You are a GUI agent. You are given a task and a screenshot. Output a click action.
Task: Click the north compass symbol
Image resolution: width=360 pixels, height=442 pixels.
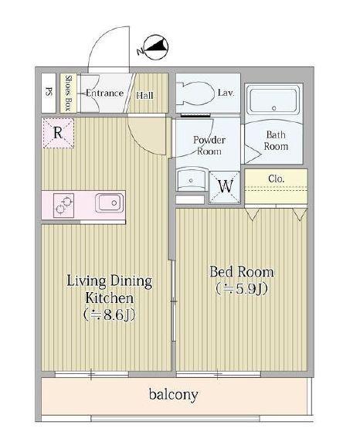[x=155, y=47]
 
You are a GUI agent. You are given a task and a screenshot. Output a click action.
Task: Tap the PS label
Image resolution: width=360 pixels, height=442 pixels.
[x=49, y=92]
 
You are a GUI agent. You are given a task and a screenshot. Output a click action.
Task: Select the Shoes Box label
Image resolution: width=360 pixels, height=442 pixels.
[x=68, y=93]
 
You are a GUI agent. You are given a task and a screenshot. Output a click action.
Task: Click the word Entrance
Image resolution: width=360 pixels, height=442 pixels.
[x=104, y=93]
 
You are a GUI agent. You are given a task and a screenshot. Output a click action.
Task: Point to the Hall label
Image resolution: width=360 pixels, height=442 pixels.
[x=145, y=95]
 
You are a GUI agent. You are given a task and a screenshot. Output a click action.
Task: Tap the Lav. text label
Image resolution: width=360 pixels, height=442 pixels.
[x=226, y=93]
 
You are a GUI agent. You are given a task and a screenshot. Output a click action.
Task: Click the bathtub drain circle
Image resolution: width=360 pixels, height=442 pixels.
[x=273, y=108]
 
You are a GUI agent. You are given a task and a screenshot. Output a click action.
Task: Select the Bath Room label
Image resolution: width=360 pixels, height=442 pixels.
[x=276, y=141]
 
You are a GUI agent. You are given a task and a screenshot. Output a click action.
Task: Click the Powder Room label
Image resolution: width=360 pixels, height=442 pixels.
[x=209, y=145]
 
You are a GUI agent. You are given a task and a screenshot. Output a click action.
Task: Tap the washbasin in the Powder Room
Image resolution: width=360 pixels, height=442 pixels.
[x=192, y=179]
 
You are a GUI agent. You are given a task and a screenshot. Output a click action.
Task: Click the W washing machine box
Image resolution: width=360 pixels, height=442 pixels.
[x=225, y=187]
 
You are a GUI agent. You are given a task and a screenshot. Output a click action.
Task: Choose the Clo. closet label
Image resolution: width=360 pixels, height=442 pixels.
[x=277, y=178]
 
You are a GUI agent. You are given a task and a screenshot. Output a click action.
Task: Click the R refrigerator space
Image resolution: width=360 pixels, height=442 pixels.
[x=59, y=133]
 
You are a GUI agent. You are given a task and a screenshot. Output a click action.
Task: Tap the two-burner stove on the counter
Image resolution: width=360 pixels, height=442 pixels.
[x=63, y=206]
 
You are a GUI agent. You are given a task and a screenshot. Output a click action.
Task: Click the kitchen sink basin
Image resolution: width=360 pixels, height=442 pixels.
[x=110, y=202]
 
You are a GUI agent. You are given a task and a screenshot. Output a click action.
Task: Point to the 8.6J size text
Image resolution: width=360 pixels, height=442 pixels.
[x=110, y=314]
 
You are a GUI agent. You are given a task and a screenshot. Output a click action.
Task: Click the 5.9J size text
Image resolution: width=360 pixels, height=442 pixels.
[x=242, y=288]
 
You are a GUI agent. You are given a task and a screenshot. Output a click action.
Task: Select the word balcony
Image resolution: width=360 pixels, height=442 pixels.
[x=173, y=394]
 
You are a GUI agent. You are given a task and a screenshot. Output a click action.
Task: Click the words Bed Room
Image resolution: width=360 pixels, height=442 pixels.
[x=242, y=272]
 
